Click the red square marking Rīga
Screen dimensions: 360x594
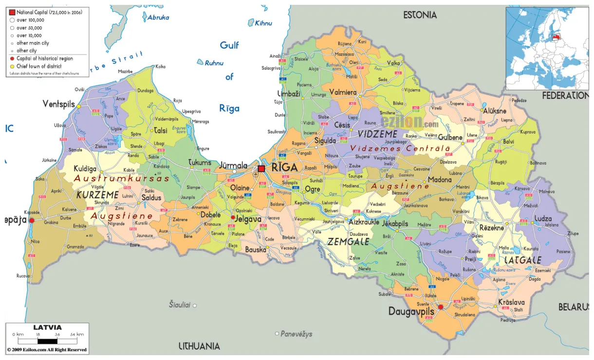261,168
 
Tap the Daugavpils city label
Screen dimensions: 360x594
410,310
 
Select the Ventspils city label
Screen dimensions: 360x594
59,104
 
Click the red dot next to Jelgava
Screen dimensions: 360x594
233,217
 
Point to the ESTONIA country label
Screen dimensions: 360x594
420,15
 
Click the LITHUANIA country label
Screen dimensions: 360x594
199,346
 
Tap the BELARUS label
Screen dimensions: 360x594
573,307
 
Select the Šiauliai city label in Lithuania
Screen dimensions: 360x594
179,305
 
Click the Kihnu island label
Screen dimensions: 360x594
263,23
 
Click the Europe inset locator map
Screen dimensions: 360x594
547,48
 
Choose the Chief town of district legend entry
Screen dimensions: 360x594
41,66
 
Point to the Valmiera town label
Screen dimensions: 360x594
343,92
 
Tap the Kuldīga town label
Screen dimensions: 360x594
85,168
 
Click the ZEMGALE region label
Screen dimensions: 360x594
348,242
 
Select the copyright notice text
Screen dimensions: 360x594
47,350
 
